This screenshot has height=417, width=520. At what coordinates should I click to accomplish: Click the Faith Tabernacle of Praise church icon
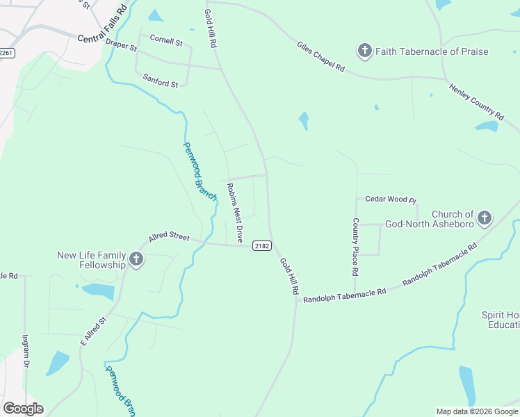point(364,51)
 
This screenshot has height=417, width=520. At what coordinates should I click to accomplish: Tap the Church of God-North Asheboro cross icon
point(484,219)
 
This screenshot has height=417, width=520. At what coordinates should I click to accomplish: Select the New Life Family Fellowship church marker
point(136,261)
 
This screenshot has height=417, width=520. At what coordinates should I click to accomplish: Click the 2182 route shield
point(261,246)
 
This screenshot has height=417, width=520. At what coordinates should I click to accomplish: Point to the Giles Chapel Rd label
point(321,56)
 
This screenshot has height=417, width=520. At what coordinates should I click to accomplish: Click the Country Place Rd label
point(355,245)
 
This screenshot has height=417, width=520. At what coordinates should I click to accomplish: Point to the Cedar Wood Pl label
point(390,199)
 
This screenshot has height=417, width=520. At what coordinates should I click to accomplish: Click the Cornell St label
point(166,41)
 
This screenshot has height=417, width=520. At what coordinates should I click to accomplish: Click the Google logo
point(23,409)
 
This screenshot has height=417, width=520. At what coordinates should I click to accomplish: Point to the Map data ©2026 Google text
point(476,411)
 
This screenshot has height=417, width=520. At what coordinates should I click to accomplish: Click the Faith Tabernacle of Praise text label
point(432,51)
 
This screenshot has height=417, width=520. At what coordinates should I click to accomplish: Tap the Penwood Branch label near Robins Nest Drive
point(200,168)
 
